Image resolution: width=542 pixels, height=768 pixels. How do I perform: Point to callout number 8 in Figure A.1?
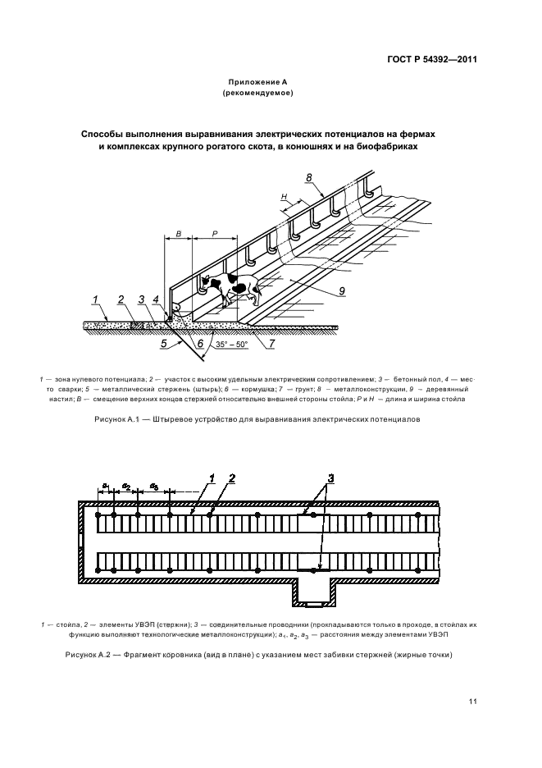point(308,177)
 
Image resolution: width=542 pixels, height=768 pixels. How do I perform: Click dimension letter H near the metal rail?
point(283,198)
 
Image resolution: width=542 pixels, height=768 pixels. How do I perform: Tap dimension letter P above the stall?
point(216,233)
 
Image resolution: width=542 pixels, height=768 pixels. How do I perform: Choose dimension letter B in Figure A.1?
point(178,233)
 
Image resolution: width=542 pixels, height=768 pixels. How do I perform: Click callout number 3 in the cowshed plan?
point(330,478)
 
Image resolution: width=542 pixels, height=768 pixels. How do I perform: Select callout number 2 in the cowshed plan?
point(231,478)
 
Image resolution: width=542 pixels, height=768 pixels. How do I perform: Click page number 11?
point(473,701)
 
